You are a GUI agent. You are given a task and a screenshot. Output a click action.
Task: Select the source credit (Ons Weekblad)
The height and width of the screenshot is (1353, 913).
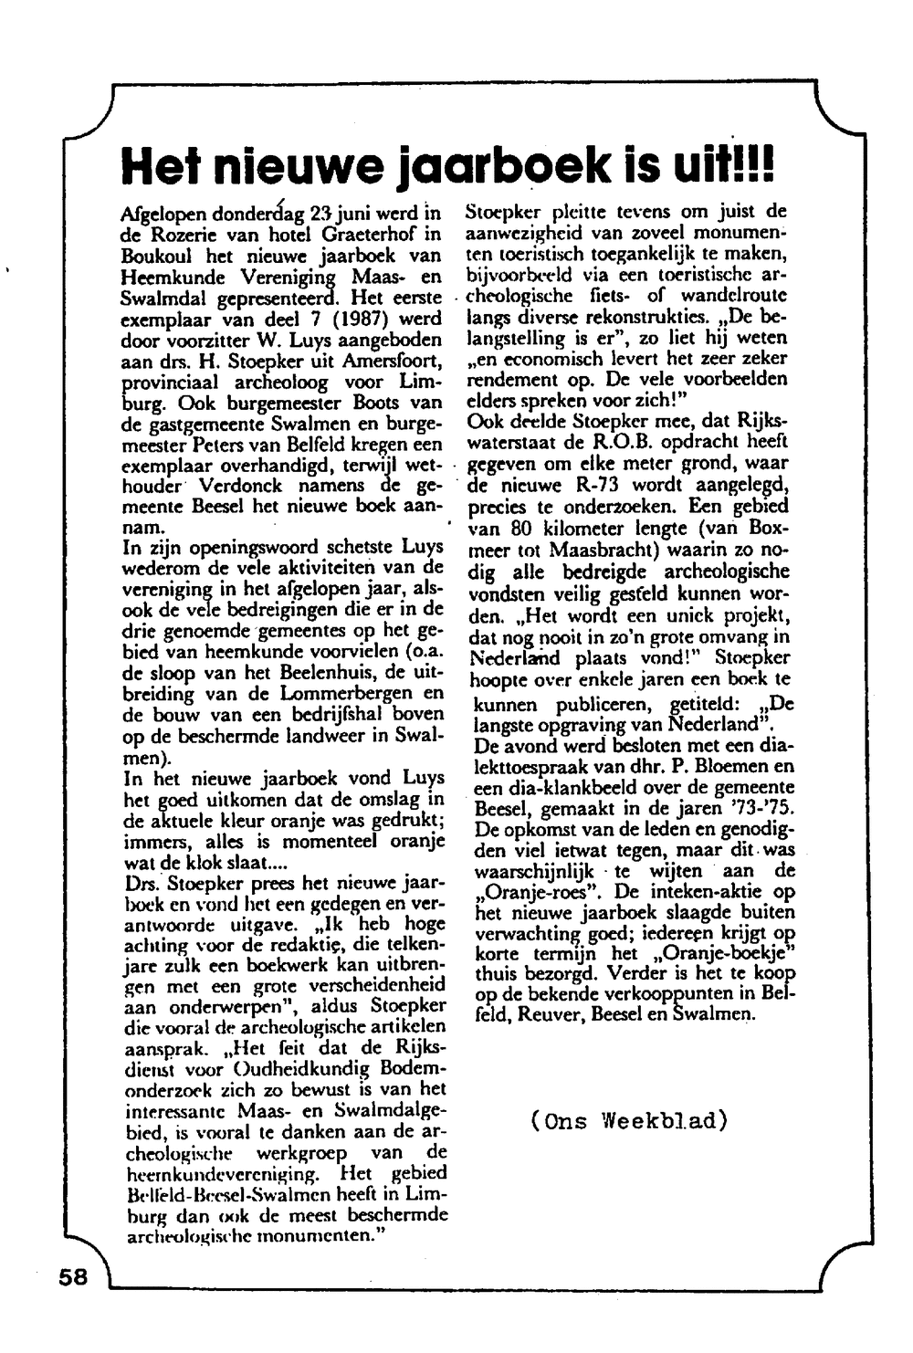629,1120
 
